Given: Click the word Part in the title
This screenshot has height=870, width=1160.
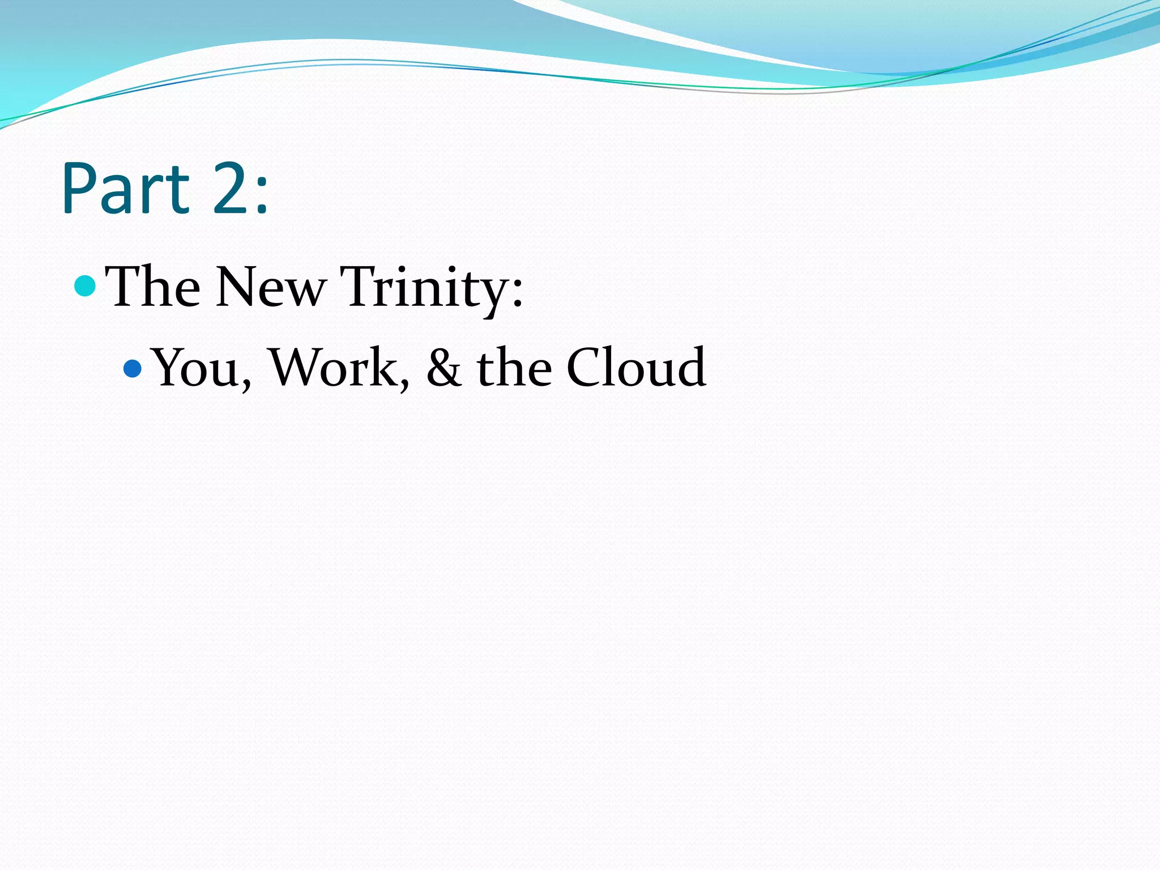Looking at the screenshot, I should (x=126, y=188).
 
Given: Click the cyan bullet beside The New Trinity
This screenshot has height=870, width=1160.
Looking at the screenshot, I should (x=85, y=285).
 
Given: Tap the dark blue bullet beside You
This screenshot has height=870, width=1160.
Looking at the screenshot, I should (x=133, y=369).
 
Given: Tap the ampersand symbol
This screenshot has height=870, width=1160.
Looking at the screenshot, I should (x=443, y=368).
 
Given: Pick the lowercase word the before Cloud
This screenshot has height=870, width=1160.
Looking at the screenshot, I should (x=514, y=368).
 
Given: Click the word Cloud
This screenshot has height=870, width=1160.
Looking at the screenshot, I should (x=636, y=368).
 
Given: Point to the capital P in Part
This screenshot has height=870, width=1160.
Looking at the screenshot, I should (x=79, y=188).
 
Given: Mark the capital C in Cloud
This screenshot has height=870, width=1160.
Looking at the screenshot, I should (x=586, y=368).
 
